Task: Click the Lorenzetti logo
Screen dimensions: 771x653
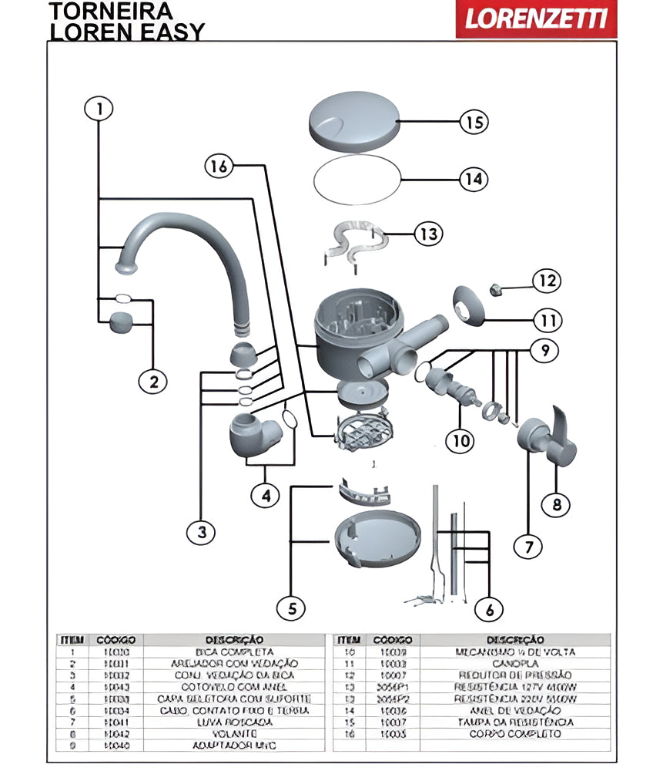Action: (536, 19)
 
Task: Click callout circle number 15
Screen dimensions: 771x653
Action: (474, 122)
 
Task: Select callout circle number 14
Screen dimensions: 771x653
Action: (474, 179)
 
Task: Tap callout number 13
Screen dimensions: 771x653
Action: (429, 233)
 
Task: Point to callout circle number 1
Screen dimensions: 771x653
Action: (98, 109)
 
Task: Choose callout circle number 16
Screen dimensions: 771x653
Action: (219, 166)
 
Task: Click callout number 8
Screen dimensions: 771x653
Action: (556, 505)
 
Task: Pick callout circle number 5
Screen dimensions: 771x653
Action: (291, 608)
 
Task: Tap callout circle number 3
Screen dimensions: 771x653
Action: (202, 531)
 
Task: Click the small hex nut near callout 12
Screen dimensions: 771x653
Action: (496, 289)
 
